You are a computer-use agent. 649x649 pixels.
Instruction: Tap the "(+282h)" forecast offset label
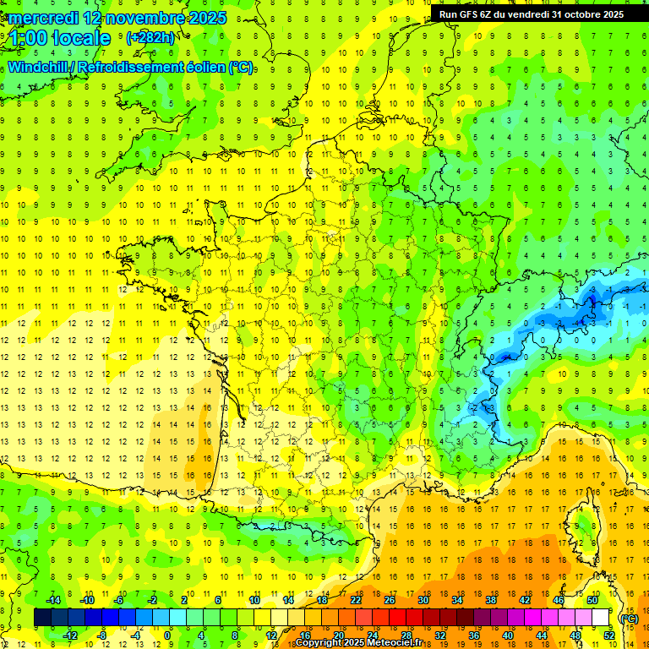(150, 38)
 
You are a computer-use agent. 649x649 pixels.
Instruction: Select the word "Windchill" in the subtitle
(39, 67)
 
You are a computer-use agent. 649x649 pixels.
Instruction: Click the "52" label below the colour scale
(608, 635)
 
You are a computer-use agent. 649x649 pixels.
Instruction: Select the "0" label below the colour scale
(167, 635)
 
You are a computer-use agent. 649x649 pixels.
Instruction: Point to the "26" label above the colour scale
(390, 600)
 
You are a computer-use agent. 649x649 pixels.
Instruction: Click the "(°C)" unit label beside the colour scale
(629, 618)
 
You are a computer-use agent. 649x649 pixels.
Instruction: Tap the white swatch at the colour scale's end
(600, 618)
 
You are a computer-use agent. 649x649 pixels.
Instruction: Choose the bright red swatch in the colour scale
(397, 618)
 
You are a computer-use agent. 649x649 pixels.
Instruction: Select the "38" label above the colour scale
(490, 600)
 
